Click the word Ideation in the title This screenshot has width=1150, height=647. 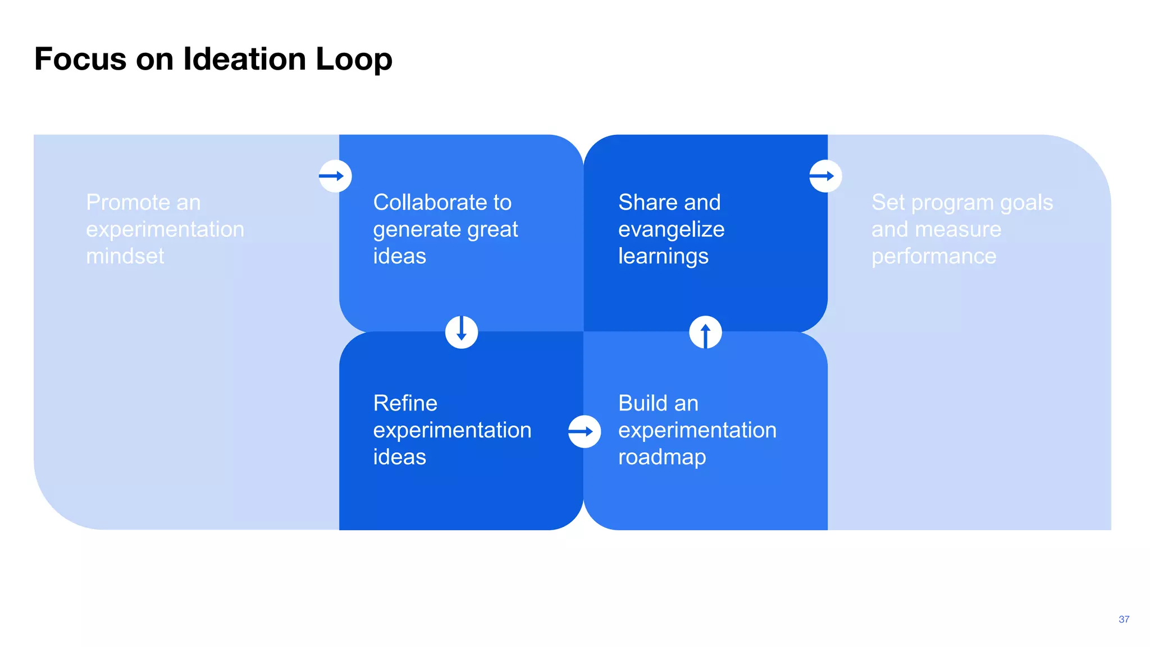click(x=244, y=59)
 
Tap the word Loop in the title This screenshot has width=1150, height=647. click(x=354, y=59)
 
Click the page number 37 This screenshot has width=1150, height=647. click(x=1124, y=619)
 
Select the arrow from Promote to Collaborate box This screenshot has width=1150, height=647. click(x=335, y=176)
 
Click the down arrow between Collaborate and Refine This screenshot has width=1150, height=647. click(x=462, y=332)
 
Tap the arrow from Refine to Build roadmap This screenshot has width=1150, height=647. click(x=584, y=431)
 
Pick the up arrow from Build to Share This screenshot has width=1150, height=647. click(x=705, y=332)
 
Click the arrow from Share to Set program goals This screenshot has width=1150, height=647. click(x=825, y=176)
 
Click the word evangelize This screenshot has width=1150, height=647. click(x=671, y=229)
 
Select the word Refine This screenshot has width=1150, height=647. click(x=405, y=403)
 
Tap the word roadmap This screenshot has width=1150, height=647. click(x=662, y=457)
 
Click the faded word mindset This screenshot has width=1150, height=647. click(x=125, y=256)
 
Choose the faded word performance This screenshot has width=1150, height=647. click(x=933, y=256)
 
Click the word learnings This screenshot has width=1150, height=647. click(x=663, y=257)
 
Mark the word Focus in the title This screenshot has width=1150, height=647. click(x=80, y=59)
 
